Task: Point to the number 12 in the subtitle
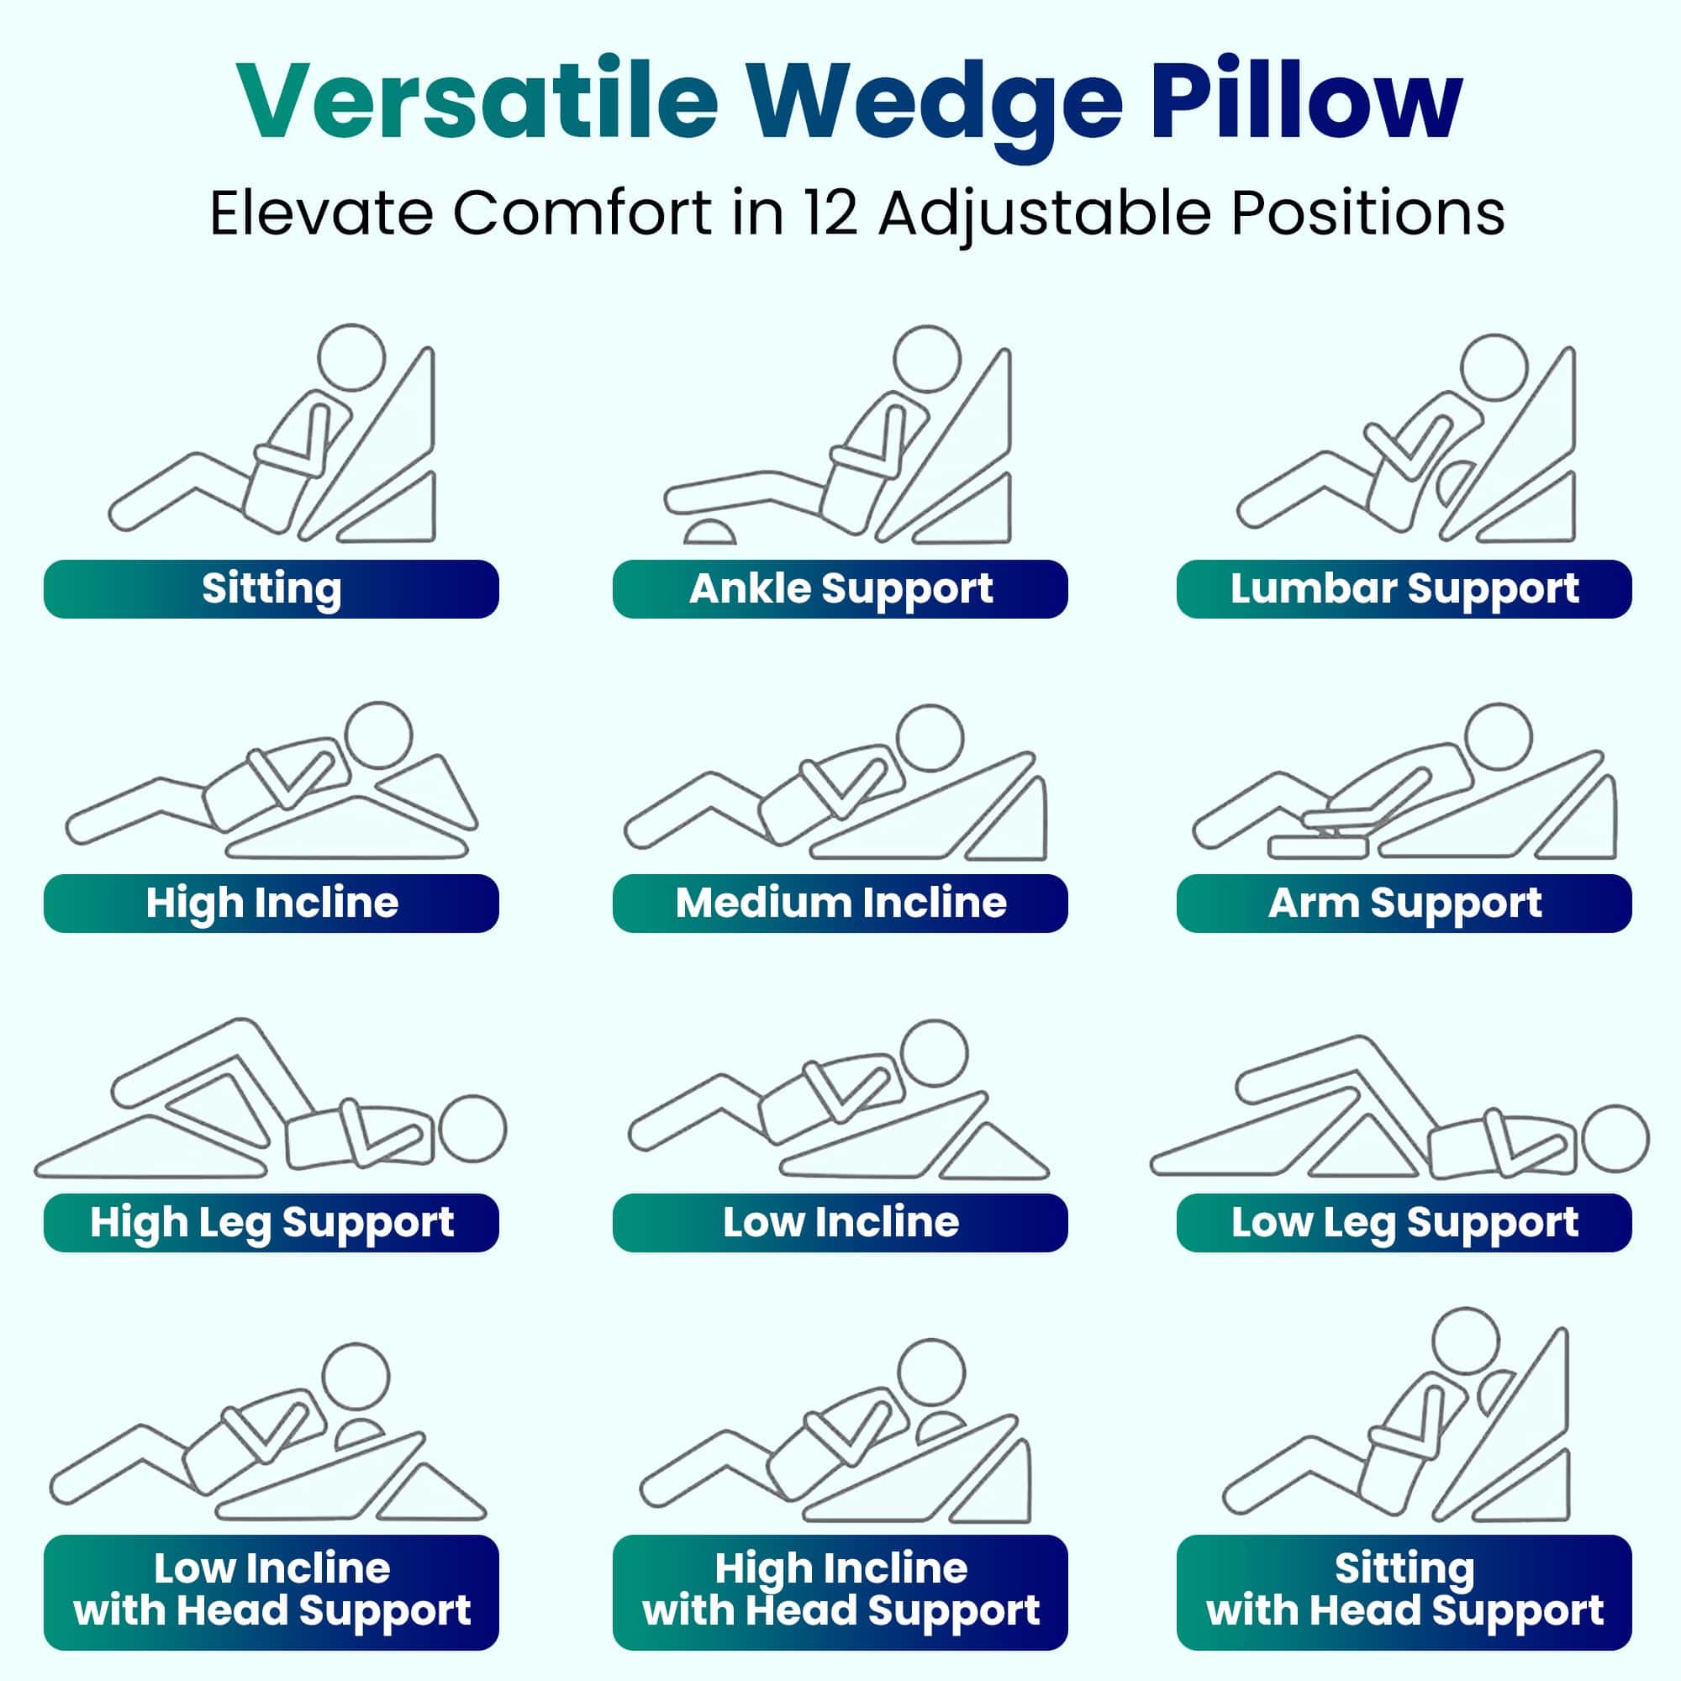(830, 213)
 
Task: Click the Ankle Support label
(840, 589)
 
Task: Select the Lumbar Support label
(1404, 589)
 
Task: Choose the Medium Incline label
(840, 904)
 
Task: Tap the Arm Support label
(1404, 904)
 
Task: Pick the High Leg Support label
(271, 1222)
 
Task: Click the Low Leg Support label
(1404, 1222)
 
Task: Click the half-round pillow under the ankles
(710, 533)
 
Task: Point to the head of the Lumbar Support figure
(1493, 367)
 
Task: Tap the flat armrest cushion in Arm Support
(1317, 846)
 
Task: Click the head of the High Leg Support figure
(472, 1129)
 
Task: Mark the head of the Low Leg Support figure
(1615, 1138)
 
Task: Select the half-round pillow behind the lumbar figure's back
(1455, 483)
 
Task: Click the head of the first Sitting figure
(351, 357)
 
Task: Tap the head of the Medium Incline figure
(930, 738)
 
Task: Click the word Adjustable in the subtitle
(1044, 213)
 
